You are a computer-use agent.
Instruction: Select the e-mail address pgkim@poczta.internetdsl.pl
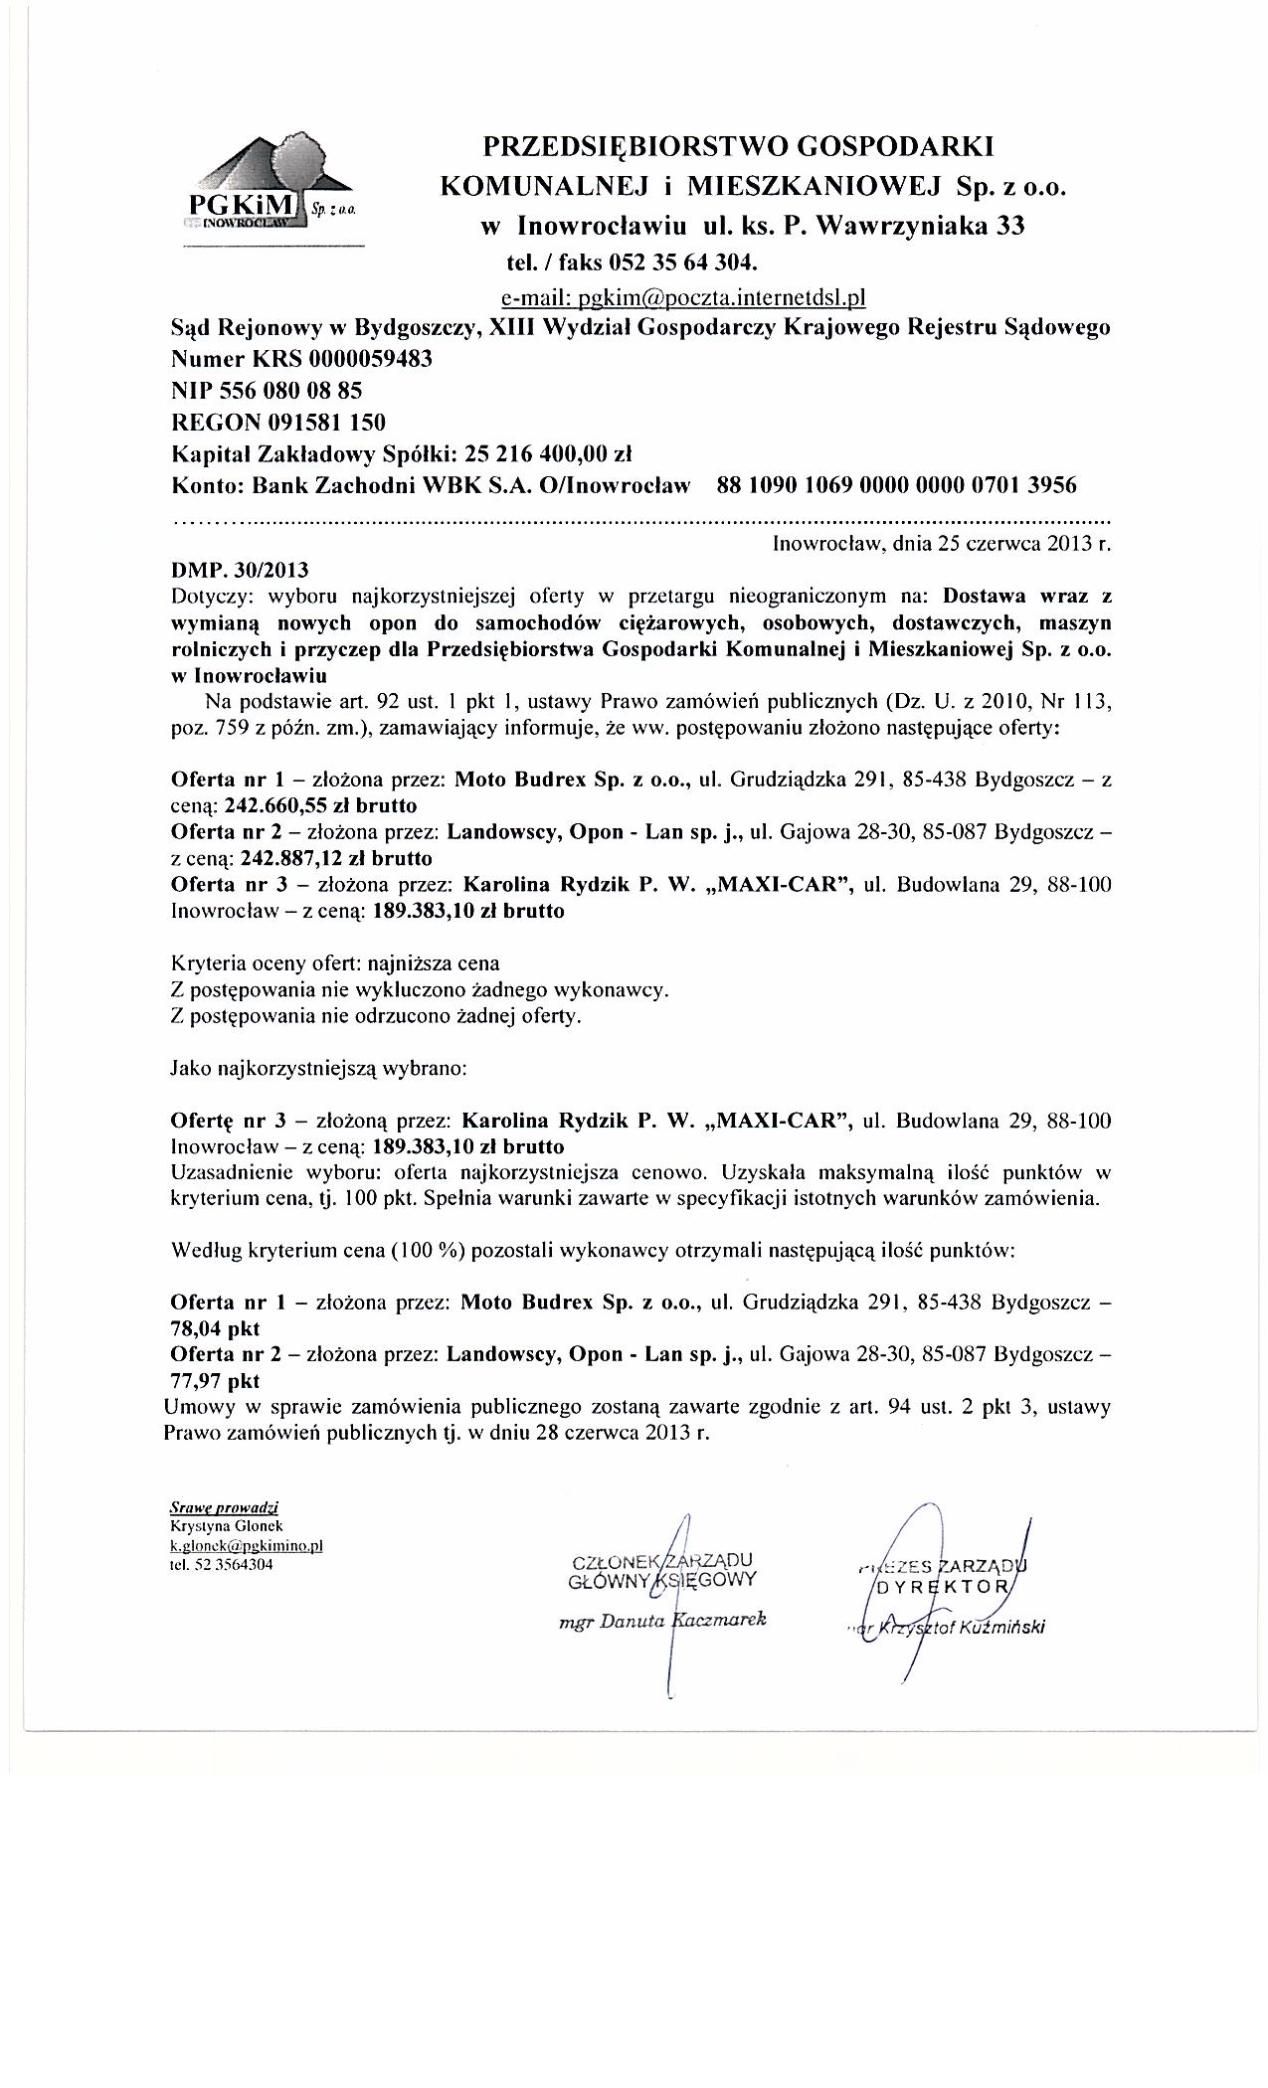coord(684,296)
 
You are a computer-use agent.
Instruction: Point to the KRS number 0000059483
coord(371,359)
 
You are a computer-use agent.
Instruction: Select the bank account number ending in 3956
coord(896,486)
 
